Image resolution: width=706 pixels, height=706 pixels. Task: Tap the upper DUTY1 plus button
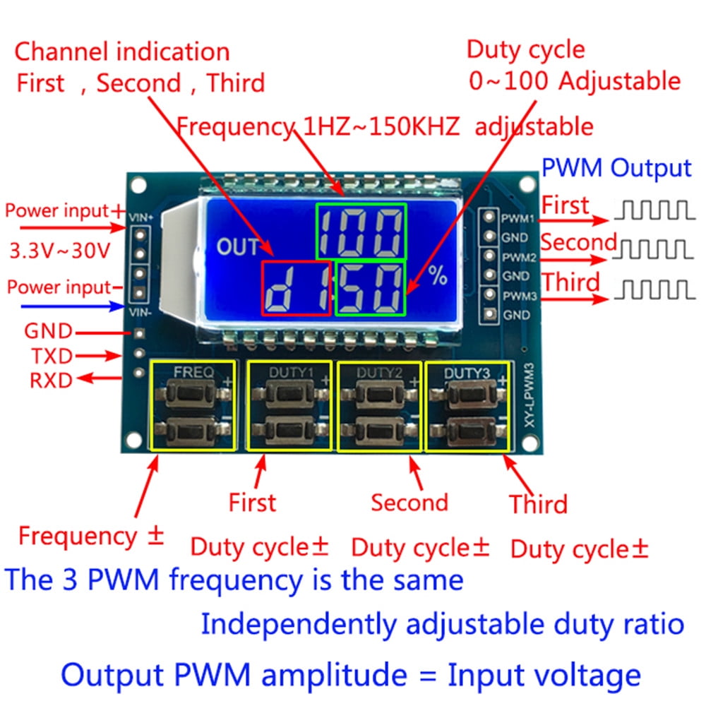[x=288, y=394]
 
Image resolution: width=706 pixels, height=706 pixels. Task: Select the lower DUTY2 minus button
[x=380, y=429]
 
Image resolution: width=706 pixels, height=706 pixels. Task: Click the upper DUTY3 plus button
[x=467, y=394]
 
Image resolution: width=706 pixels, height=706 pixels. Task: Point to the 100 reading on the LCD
[x=361, y=232]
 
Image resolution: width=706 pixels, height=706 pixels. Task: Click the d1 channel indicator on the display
[x=297, y=288]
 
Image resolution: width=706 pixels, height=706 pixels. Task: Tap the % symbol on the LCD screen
[x=438, y=276]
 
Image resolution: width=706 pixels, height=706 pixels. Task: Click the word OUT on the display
[x=239, y=247]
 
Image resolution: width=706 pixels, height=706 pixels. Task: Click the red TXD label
[x=51, y=356]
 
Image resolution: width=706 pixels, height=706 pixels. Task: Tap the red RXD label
[x=51, y=381]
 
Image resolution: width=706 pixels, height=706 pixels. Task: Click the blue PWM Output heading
[x=616, y=168]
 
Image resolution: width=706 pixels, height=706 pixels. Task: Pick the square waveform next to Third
[x=654, y=289]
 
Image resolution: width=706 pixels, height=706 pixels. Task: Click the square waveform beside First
[x=654, y=209]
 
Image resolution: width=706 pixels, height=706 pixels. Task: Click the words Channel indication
[x=122, y=52]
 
